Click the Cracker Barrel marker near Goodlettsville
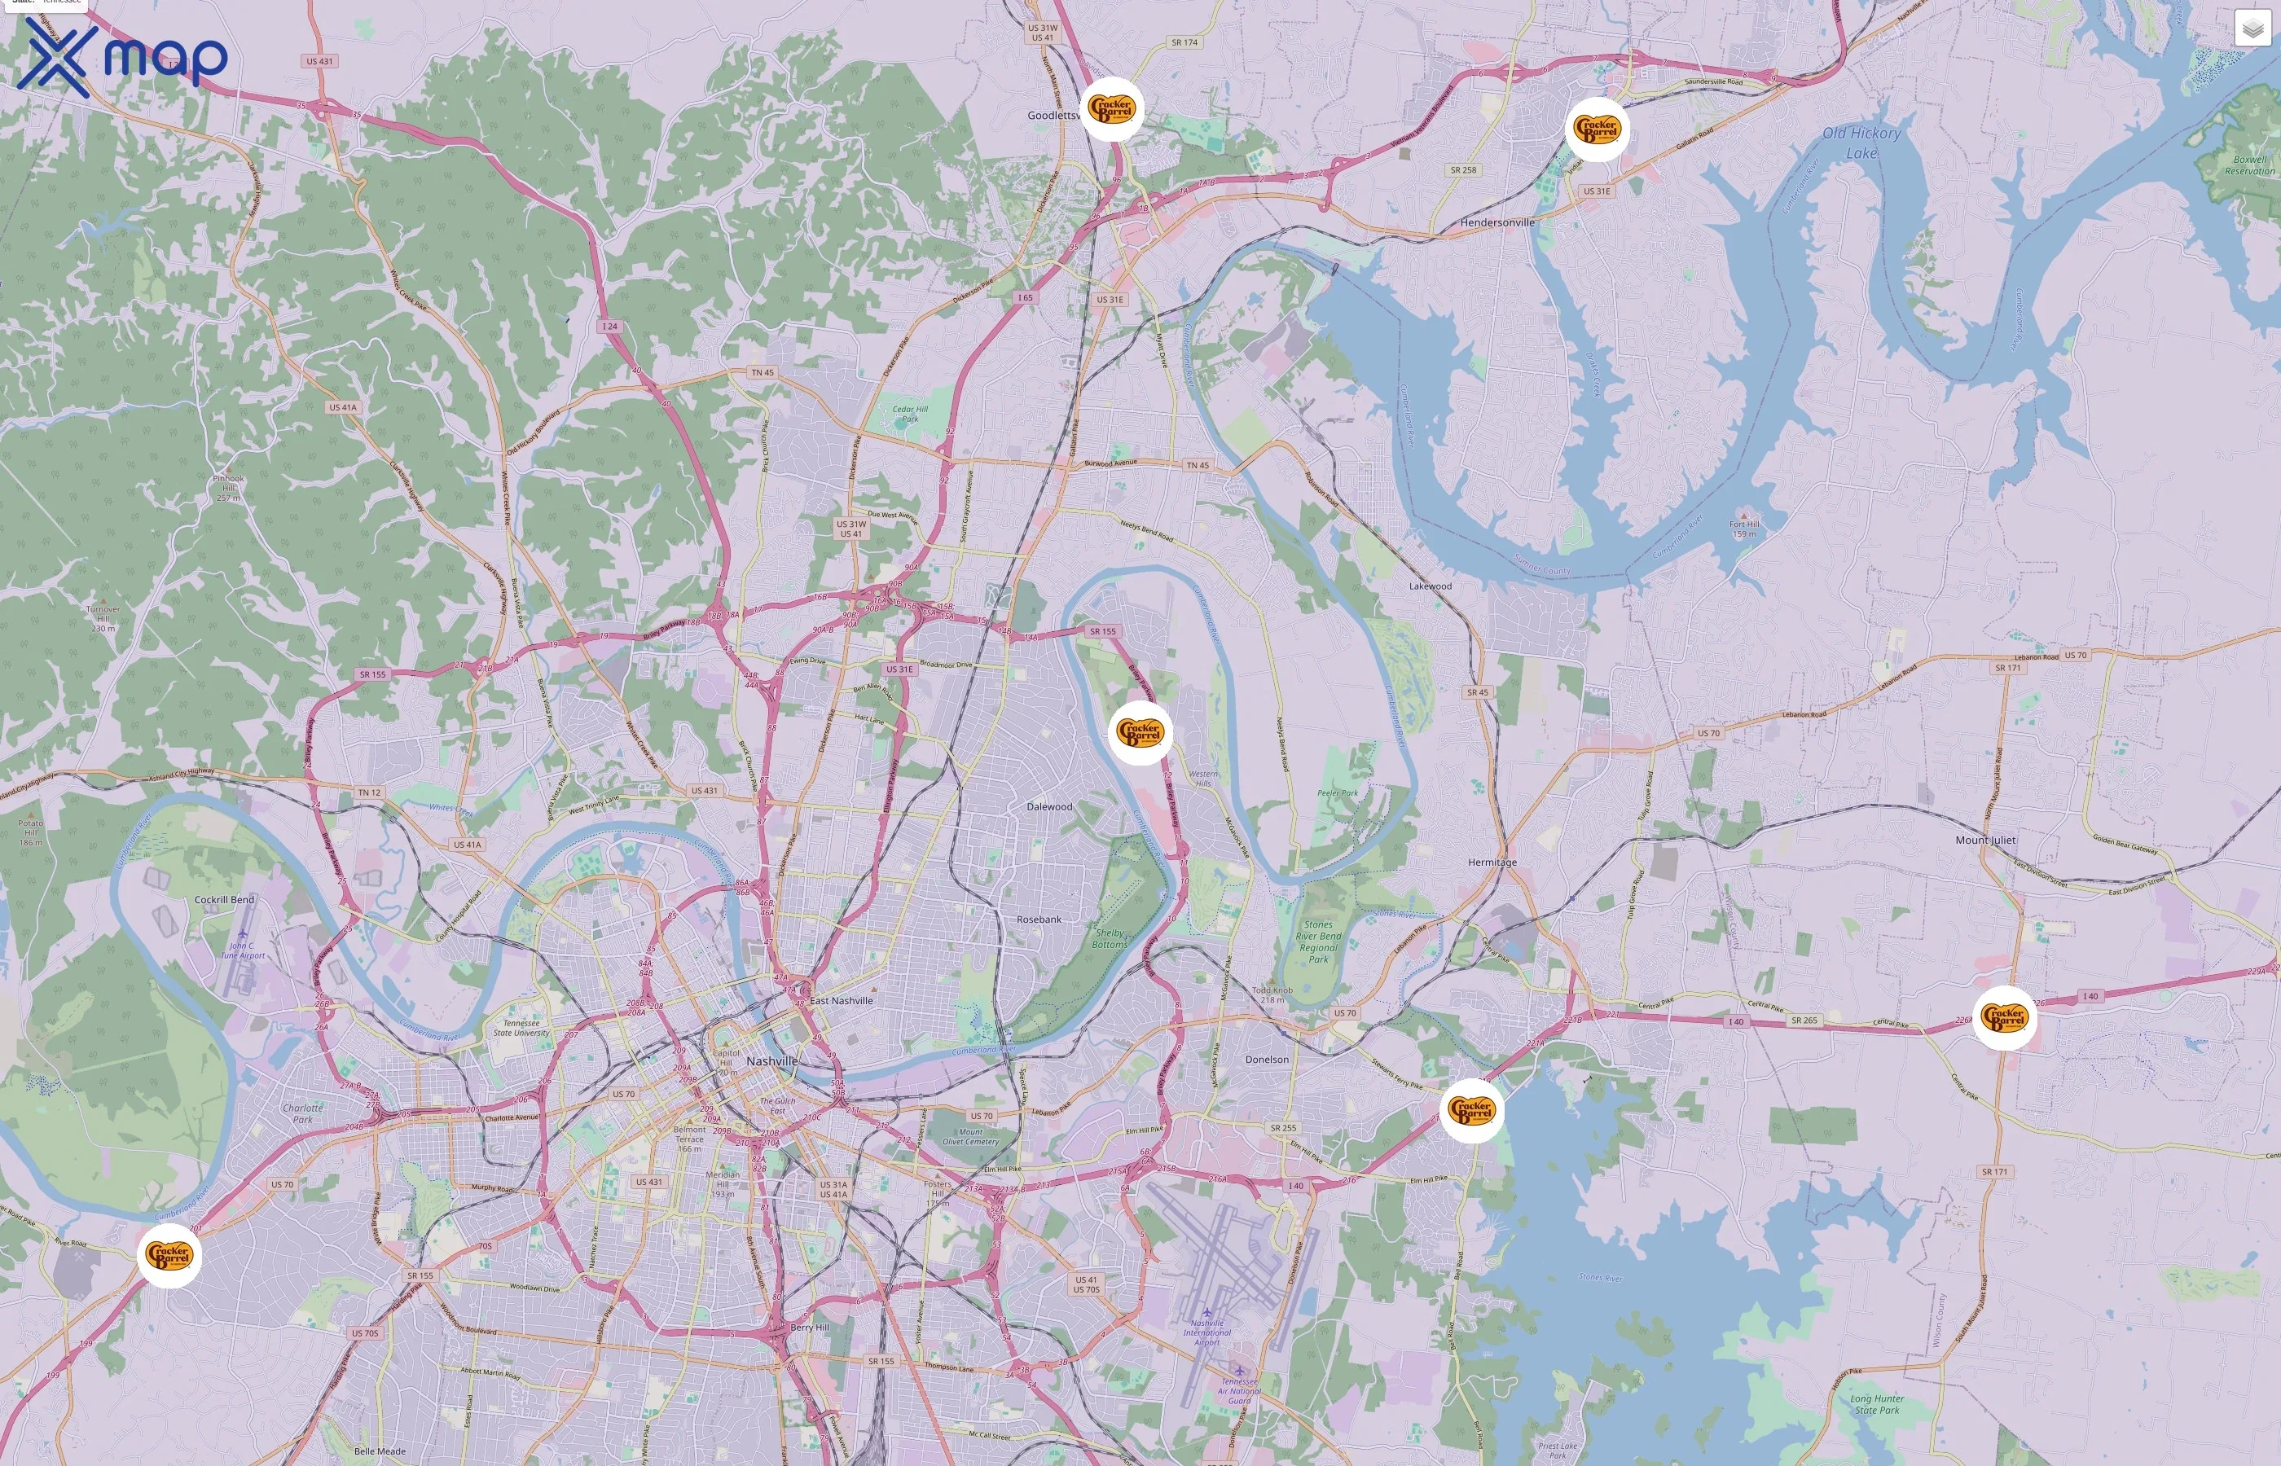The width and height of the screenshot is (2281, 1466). (1112, 109)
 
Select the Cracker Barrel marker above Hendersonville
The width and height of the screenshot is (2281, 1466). (1597, 129)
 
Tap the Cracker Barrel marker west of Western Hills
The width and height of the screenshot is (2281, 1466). (1140, 732)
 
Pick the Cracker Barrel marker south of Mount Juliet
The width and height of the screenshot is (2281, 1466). (2004, 1017)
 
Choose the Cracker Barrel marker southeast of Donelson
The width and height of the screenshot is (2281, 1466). (1471, 1110)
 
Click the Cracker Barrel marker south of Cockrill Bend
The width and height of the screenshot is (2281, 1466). (169, 1256)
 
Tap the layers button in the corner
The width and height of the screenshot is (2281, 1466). (2252, 29)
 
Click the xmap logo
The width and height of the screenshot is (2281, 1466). (125, 57)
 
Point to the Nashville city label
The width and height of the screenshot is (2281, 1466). (772, 1060)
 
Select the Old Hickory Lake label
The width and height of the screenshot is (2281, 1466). (1861, 143)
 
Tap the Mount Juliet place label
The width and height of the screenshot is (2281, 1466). (1985, 840)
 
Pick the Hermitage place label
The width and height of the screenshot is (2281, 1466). (1492, 862)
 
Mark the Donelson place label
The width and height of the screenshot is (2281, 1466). (1266, 1060)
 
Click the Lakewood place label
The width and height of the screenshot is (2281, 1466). (1430, 586)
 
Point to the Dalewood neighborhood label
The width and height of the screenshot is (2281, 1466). (1049, 806)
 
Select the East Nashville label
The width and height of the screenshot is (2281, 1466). (841, 1000)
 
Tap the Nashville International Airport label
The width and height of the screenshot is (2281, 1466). (1207, 1332)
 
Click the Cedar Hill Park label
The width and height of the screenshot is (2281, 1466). (910, 413)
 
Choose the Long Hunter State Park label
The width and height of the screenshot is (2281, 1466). (1876, 1404)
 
